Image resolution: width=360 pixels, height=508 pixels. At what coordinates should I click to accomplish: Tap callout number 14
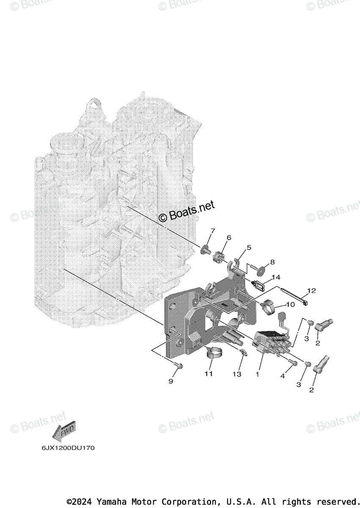pos(276,277)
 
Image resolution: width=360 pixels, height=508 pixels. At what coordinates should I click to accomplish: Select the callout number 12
pos(311,291)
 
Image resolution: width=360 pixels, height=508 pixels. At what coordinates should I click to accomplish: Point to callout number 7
pos(212,231)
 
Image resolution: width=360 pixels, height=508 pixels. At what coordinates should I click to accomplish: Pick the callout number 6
pos(229,238)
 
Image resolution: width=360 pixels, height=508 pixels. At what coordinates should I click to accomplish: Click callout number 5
pos(249,247)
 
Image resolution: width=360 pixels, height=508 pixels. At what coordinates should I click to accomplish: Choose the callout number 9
pos(171,381)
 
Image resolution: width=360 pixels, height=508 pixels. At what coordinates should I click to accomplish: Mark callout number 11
pos(209,374)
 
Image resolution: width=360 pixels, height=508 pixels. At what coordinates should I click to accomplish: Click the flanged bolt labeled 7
pos(206,249)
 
